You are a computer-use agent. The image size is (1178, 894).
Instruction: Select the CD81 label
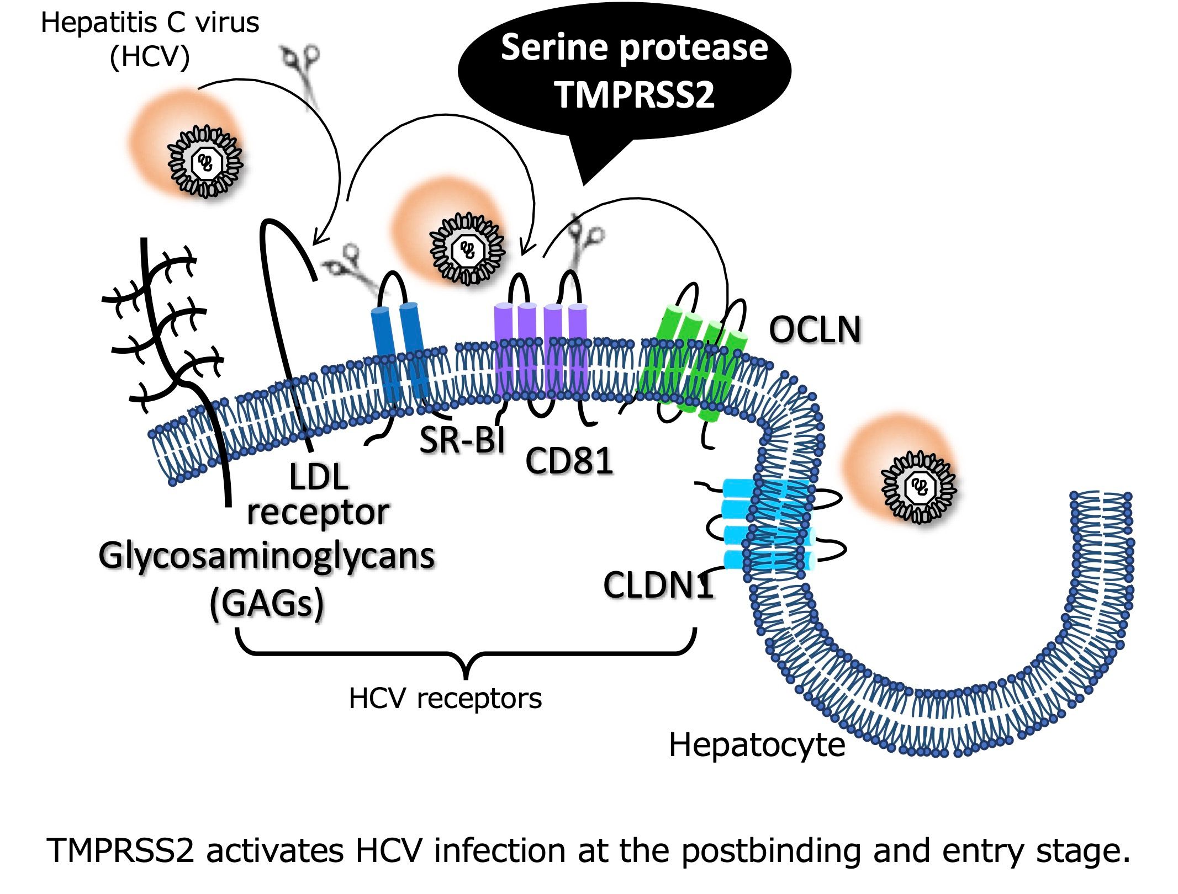(569, 461)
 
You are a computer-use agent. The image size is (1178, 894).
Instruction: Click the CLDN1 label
(658, 585)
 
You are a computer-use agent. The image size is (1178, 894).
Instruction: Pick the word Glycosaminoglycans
(267, 556)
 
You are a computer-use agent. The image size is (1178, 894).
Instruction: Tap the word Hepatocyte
(757, 745)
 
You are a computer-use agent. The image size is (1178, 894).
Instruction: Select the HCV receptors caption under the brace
(445, 699)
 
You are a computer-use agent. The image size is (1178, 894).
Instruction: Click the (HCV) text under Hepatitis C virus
(150, 56)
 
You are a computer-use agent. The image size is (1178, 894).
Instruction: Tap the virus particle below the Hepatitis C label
(205, 162)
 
